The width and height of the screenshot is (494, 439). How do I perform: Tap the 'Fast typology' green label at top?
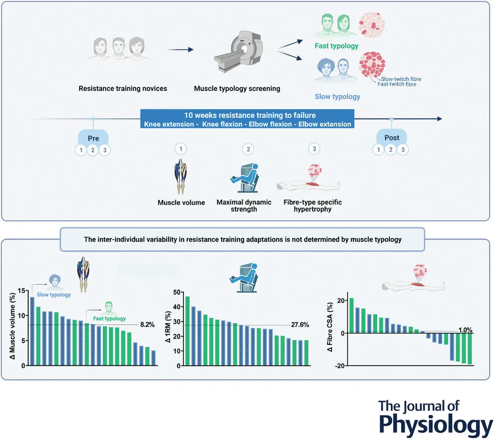click(x=336, y=46)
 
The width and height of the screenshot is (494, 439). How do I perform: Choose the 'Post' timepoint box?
click(x=391, y=137)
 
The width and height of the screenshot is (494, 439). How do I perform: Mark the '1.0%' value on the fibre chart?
click(x=463, y=330)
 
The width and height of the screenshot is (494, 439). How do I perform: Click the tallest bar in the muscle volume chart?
click(x=32, y=331)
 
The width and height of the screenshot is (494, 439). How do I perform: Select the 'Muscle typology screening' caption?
click(x=237, y=89)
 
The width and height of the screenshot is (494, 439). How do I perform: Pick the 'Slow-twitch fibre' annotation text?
click(x=401, y=79)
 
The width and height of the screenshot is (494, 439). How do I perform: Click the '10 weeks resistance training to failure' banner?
click(x=245, y=114)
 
